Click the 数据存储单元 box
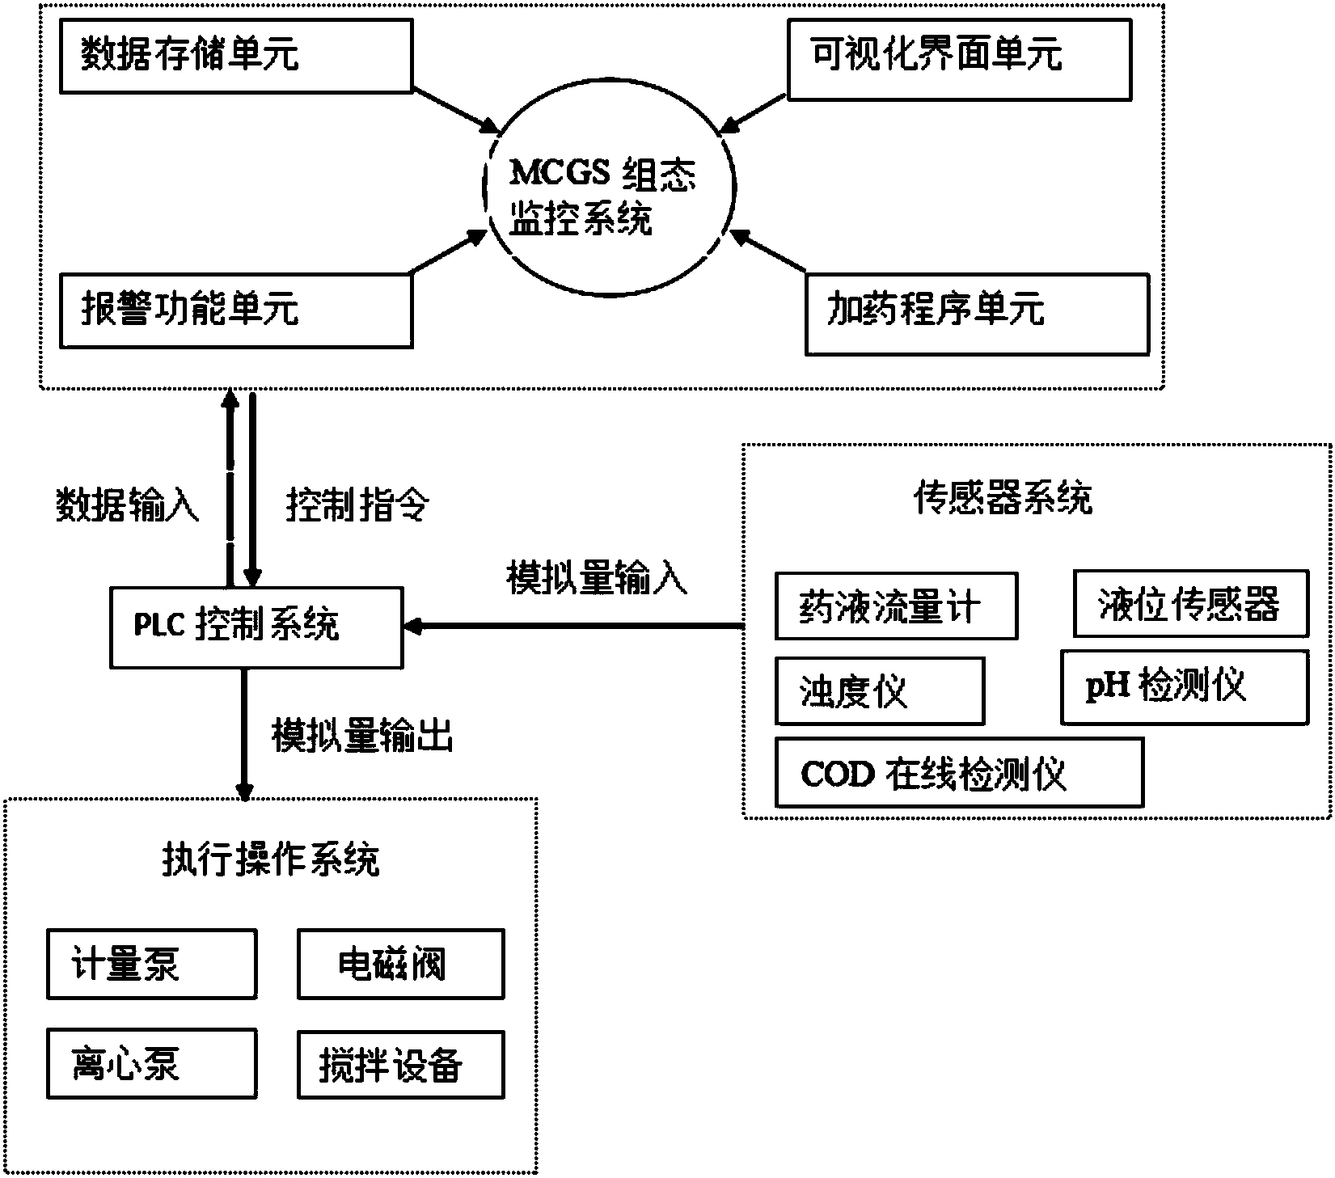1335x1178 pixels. pos(236,57)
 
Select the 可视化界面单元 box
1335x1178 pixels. pos(959,57)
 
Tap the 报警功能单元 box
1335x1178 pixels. pos(236,310)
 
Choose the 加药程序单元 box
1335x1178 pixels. pos(977,314)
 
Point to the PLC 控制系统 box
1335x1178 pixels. pos(256,627)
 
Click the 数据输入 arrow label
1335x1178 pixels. pos(127,507)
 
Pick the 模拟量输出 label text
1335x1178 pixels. pos(361,737)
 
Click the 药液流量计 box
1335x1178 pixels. pos(895,606)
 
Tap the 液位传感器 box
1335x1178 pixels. pos(1190,603)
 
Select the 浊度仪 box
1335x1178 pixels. pos(879,690)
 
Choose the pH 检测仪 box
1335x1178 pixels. pos(1184,687)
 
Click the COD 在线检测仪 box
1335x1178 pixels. pos(958,772)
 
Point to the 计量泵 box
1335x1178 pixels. pos(152,964)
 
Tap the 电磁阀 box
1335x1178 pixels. pos(401,964)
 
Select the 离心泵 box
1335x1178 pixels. pos(152,1062)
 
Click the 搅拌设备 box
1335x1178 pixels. pos(401,1064)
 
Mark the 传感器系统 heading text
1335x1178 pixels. pos(1003,498)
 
